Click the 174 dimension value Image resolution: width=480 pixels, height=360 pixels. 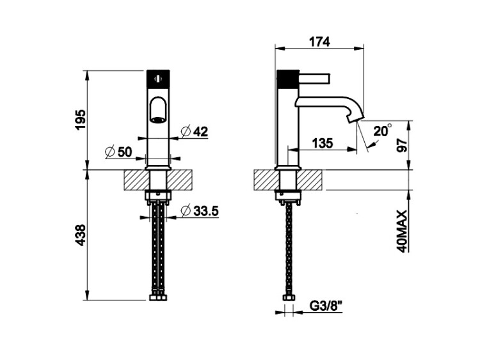[319, 42]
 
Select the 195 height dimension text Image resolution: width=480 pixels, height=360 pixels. [81, 120]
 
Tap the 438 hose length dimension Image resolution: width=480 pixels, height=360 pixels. [81, 235]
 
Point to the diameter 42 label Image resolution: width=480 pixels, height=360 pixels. [195, 132]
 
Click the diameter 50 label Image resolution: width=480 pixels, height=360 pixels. [118, 152]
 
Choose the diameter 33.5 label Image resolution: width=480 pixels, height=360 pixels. [200, 211]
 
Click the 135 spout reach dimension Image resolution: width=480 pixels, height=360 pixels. [322, 143]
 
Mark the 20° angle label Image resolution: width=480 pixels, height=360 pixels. [382, 130]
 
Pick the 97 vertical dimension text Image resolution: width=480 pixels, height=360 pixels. [403, 145]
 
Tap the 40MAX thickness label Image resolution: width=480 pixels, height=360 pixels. [402, 231]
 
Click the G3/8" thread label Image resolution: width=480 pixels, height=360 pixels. [326, 306]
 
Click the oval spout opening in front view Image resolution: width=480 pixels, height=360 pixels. [158, 111]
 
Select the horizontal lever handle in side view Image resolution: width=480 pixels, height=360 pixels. [314, 78]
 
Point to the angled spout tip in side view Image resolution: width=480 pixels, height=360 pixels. [355, 117]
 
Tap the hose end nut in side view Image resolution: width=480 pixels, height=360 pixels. [288, 297]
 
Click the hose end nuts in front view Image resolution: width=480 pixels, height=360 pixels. [158, 297]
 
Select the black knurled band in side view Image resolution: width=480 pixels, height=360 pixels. [287, 79]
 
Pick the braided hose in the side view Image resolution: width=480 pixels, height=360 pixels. [288, 249]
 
